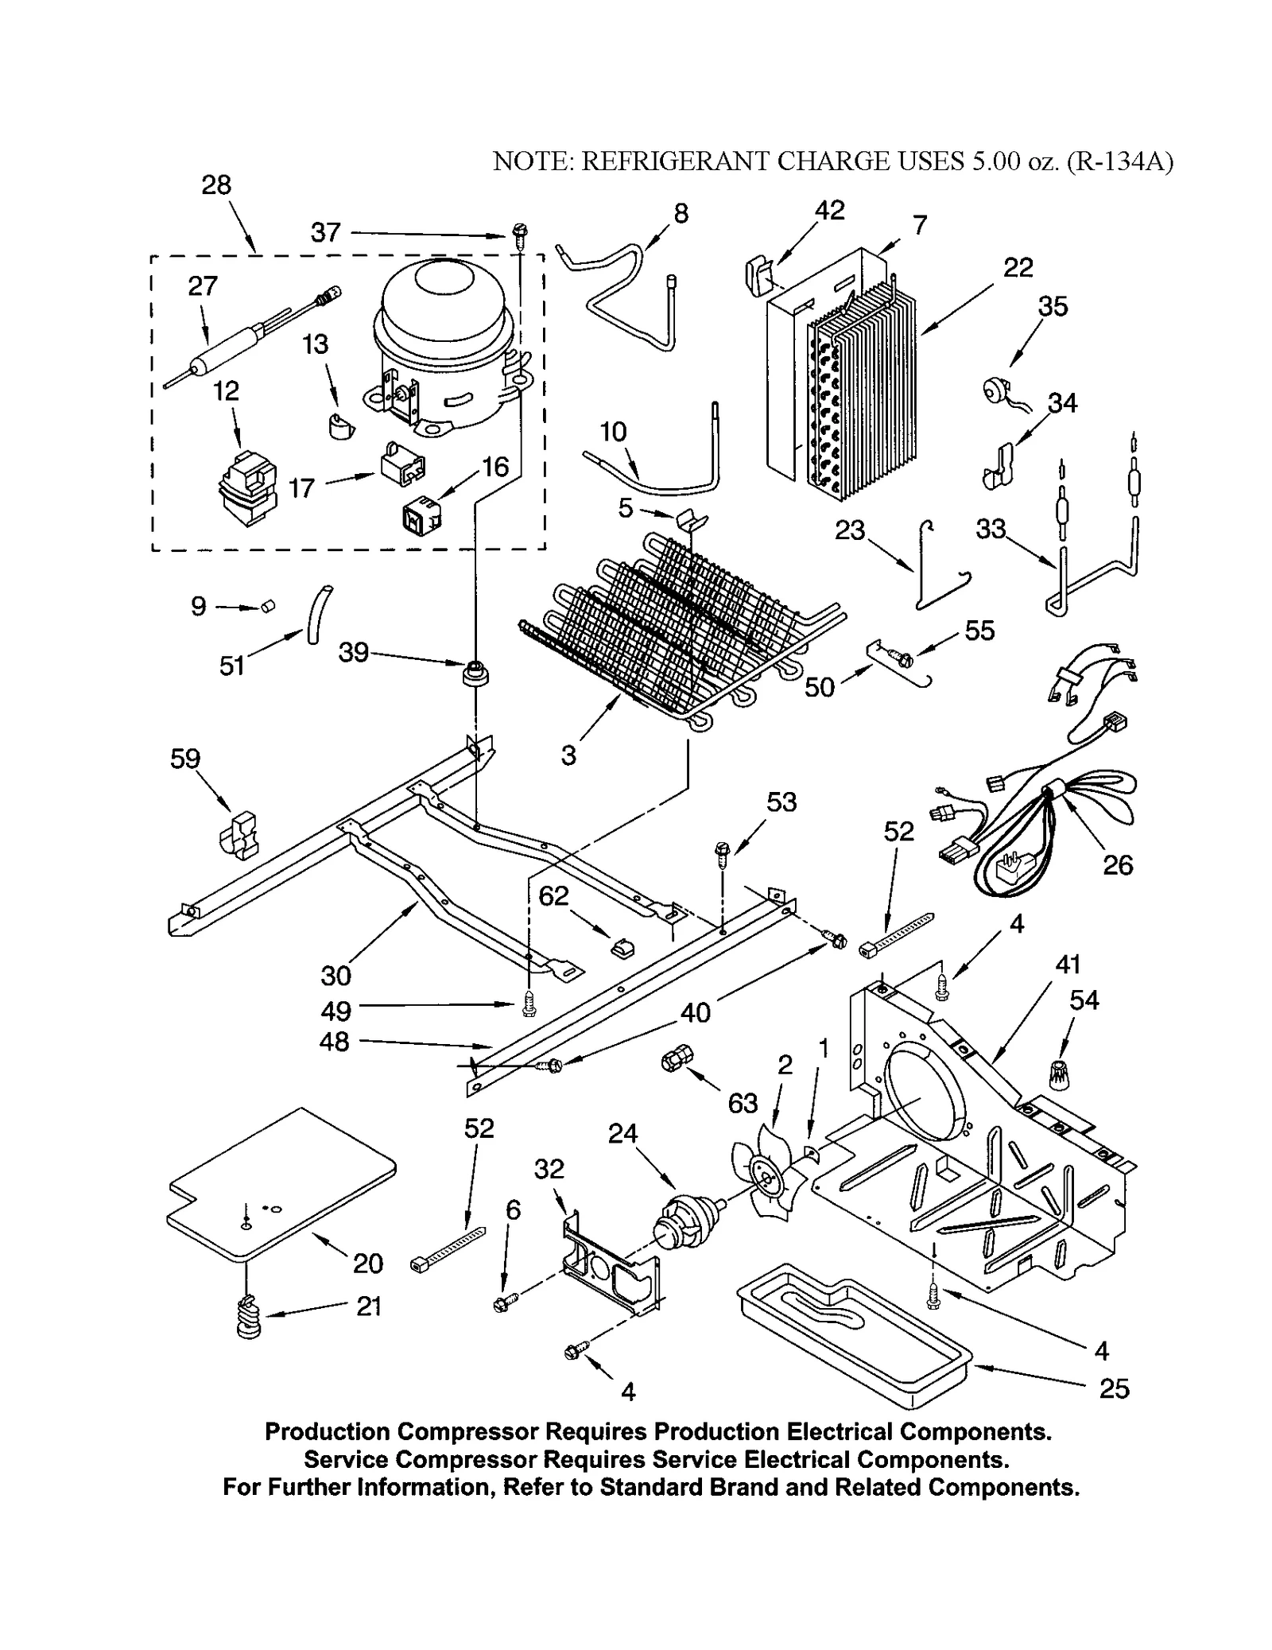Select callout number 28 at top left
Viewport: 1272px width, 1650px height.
(x=216, y=185)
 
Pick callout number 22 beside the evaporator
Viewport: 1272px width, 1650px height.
(x=1018, y=267)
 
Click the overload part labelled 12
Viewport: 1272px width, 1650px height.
(x=248, y=488)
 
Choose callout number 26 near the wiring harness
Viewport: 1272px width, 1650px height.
(x=1117, y=864)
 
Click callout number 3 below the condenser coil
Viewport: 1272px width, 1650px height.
(x=568, y=755)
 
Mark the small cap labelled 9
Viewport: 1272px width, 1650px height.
(x=267, y=607)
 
